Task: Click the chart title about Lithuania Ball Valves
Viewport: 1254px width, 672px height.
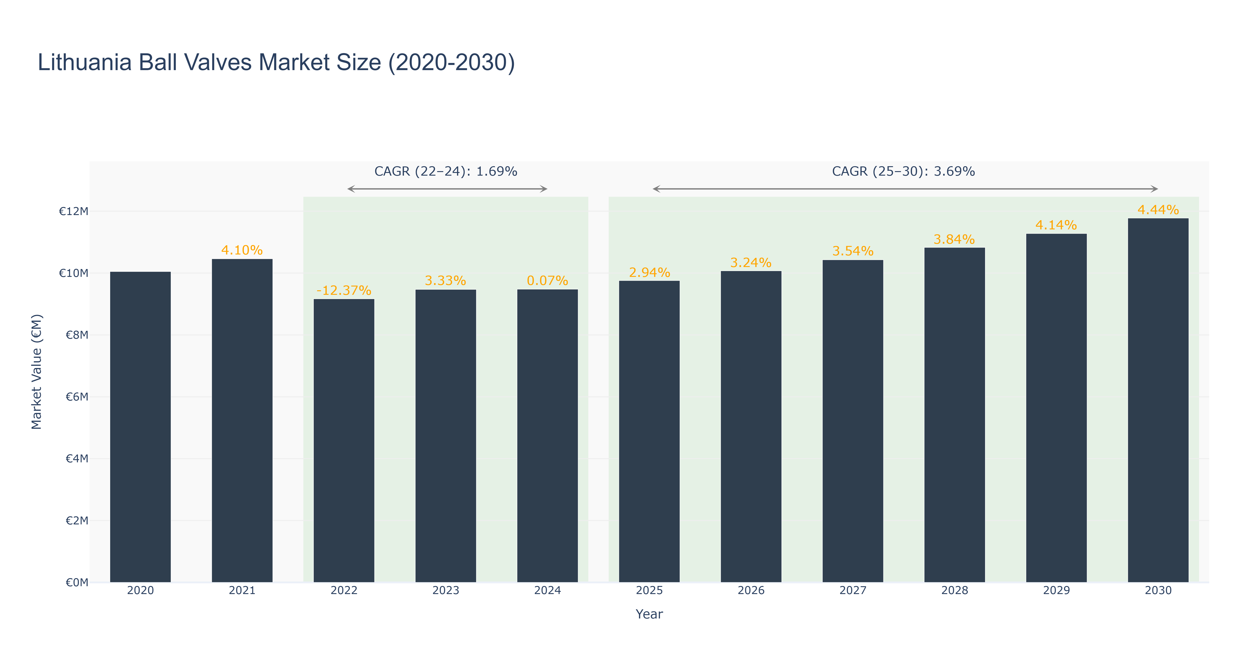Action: tap(276, 63)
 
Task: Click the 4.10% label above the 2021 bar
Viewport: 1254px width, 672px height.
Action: tap(242, 250)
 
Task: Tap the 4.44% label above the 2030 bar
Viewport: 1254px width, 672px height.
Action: tap(1158, 210)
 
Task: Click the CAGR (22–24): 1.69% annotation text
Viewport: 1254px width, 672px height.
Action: tap(445, 171)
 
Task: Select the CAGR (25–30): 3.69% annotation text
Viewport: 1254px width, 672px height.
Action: tap(904, 171)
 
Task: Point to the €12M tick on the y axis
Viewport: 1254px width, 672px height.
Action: tap(73, 211)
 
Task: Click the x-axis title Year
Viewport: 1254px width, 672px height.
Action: tap(649, 614)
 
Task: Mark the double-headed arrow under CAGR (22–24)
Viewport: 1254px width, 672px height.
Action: tap(447, 189)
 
